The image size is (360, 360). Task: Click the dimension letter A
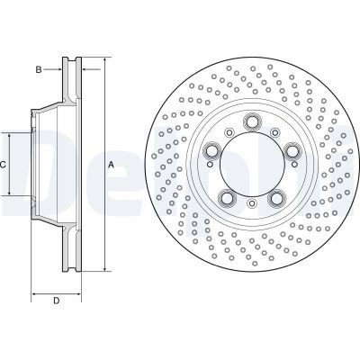112,166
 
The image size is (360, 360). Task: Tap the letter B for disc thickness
40,67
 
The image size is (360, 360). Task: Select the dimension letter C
4,165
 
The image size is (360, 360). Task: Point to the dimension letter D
56,300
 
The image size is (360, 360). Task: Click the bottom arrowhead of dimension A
106,269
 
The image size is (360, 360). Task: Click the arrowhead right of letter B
58,67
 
